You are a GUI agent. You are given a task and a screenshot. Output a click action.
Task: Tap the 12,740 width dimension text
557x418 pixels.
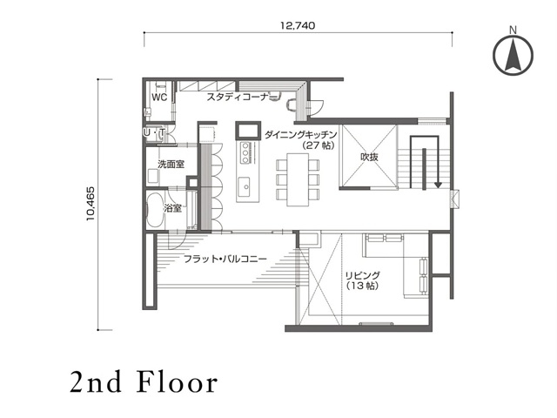point(298,25)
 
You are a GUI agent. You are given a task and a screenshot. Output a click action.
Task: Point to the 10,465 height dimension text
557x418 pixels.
point(91,204)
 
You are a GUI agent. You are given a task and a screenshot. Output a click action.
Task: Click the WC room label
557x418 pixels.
point(159,97)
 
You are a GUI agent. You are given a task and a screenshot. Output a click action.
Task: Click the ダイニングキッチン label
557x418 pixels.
point(300,134)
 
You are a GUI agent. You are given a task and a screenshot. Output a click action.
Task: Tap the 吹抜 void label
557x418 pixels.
point(369,157)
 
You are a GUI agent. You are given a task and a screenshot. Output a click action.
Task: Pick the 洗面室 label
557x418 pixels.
point(171,165)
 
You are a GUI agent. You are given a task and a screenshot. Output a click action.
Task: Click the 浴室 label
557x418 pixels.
point(172,208)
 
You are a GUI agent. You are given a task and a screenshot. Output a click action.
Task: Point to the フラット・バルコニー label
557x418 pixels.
point(225,260)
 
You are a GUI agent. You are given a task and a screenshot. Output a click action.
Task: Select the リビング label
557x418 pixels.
point(363,275)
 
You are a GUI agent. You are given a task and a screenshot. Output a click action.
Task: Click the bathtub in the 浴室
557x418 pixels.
point(155,210)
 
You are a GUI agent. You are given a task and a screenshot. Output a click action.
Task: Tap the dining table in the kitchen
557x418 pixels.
point(298,179)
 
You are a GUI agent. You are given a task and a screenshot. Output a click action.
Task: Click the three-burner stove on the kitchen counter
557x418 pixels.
point(245,153)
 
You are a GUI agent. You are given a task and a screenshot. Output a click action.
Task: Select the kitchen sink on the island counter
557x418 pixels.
point(245,186)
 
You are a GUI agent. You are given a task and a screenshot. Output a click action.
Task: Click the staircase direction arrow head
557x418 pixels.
point(438,185)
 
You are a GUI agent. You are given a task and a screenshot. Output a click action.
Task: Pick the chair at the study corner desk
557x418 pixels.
point(292,104)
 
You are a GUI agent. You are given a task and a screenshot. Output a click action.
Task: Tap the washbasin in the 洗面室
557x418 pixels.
point(153,176)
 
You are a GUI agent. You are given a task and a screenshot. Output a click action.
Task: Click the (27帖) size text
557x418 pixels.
point(319,145)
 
